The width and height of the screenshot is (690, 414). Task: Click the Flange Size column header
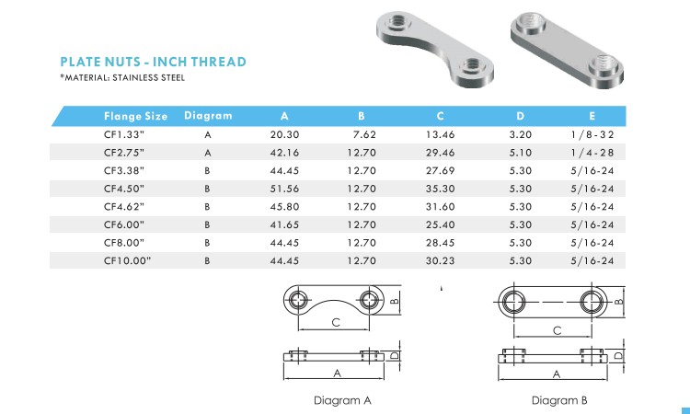click(135, 116)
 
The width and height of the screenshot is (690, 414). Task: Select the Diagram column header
click(208, 116)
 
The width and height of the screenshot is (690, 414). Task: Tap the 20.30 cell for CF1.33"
click(284, 134)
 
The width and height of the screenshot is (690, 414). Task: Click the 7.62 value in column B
click(364, 134)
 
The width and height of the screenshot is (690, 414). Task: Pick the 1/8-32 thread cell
click(592, 134)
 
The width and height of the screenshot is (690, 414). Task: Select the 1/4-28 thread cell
click(592, 153)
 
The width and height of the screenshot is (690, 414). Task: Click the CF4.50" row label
click(124, 189)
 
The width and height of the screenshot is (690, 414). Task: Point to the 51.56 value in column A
click(284, 189)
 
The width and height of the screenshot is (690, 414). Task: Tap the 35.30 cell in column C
click(440, 189)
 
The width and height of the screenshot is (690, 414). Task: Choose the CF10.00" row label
click(127, 261)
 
